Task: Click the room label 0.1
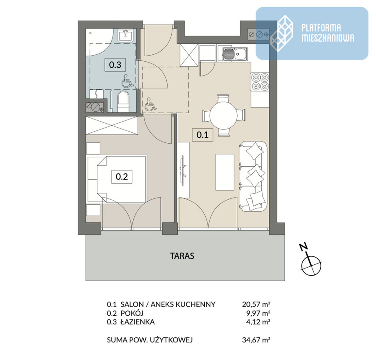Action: pyautogui.click(x=203, y=135)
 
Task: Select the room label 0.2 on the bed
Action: pyautogui.click(x=122, y=177)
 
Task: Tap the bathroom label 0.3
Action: pyautogui.click(x=115, y=65)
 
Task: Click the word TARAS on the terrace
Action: pyautogui.click(x=182, y=256)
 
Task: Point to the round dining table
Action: pyautogui.click(x=224, y=115)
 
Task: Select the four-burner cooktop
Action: pyautogui.click(x=260, y=82)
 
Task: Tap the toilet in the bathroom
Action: pyautogui.click(x=124, y=102)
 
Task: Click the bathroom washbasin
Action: pyautogui.click(x=125, y=36)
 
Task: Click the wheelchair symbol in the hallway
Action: pyautogui.click(x=150, y=104)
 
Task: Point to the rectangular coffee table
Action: pyautogui.click(x=225, y=172)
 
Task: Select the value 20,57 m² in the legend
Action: pyautogui.click(x=256, y=304)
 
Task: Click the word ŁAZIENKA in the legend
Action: pyautogui.click(x=138, y=322)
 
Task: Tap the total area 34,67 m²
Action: pyautogui.click(x=256, y=340)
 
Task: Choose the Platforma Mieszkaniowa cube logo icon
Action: pyautogui.click(x=282, y=33)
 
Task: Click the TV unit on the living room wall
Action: pyautogui.click(x=184, y=170)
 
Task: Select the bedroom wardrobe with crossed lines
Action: pyautogui.click(x=112, y=126)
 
